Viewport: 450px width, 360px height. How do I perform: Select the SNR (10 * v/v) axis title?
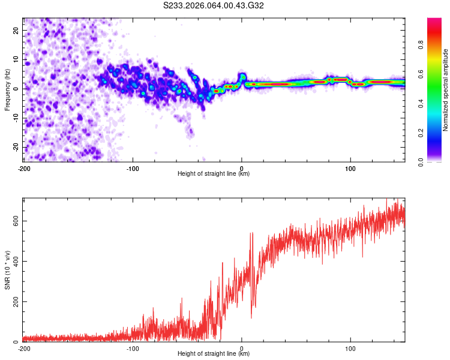(x=7, y=271)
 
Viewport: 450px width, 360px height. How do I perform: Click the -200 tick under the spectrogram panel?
(x=24, y=167)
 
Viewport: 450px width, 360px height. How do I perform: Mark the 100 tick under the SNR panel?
(x=350, y=348)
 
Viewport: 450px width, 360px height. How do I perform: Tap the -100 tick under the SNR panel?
(x=133, y=348)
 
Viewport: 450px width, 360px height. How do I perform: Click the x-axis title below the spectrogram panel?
(x=214, y=174)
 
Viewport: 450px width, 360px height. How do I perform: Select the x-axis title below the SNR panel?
(x=214, y=354)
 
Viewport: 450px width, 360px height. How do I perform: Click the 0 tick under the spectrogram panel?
(x=242, y=167)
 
